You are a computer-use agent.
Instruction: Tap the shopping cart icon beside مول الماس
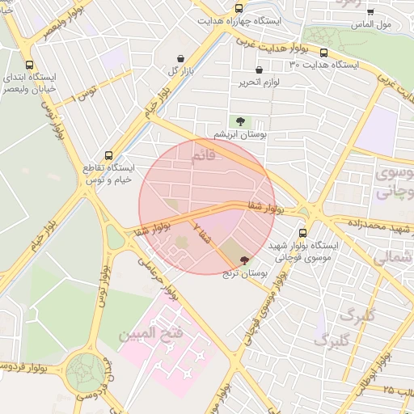point(370,12)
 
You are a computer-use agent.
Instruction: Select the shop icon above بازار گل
point(180,58)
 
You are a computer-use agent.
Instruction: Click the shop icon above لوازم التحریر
point(259,70)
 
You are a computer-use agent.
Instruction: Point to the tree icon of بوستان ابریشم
point(240,120)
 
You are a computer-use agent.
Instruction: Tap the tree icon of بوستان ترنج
point(245,260)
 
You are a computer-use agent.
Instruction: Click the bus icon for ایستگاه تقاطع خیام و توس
point(109,156)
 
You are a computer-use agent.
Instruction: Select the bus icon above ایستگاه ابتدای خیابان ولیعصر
point(30,65)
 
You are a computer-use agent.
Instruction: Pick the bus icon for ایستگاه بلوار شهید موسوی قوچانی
point(302,234)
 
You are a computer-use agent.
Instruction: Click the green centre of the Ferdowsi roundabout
point(86,373)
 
